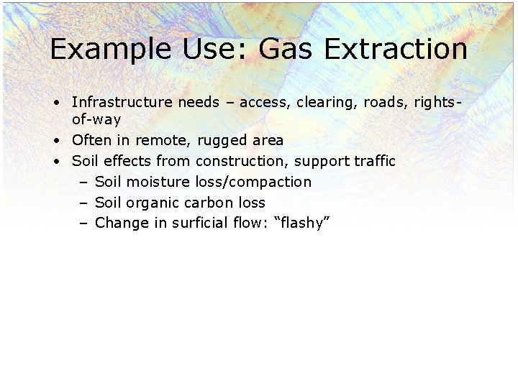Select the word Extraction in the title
(396, 50)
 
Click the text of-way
(96, 119)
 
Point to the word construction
(242, 161)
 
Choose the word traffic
(374, 161)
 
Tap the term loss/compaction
(253, 182)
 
